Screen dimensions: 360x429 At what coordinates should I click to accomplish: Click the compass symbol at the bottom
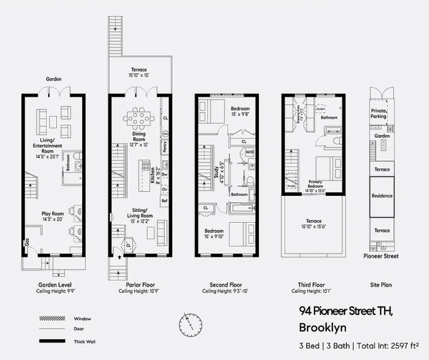click(x=190, y=324)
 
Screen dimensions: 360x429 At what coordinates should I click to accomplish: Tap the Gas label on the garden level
click(x=27, y=242)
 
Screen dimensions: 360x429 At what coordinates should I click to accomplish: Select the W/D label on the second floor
click(x=249, y=152)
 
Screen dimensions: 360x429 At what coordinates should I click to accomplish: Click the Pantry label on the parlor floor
click(x=165, y=147)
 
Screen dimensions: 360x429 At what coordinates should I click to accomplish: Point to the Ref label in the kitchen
click(x=164, y=201)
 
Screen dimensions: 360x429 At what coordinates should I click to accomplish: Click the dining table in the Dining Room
click(x=139, y=118)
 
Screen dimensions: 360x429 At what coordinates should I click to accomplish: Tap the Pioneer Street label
click(x=381, y=256)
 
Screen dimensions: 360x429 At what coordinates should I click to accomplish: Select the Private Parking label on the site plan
click(x=378, y=113)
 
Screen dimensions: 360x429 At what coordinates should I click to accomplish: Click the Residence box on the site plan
click(x=382, y=196)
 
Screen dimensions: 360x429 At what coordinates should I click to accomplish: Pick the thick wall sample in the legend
click(x=52, y=341)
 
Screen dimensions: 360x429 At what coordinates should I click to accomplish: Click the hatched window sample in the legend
click(x=52, y=319)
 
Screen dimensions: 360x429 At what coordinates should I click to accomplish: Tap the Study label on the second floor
click(x=216, y=172)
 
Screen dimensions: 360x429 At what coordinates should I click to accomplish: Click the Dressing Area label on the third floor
click(x=298, y=114)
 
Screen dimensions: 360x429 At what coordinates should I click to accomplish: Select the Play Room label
click(x=53, y=213)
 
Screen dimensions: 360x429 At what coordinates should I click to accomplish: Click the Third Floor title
click(x=311, y=285)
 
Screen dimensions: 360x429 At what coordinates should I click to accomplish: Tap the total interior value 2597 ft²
click(x=405, y=346)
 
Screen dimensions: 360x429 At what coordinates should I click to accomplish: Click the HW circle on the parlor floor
click(x=165, y=134)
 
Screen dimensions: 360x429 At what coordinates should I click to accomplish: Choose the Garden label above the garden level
click(x=54, y=79)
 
